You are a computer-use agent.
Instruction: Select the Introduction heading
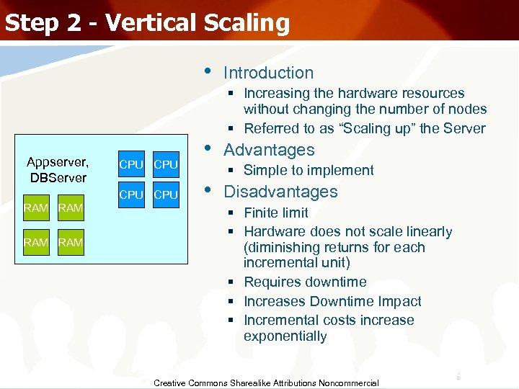(x=268, y=73)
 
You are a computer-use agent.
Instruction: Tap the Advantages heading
(x=269, y=150)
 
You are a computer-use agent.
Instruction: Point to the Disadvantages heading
(x=280, y=192)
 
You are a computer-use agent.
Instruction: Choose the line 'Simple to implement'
(x=309, y=171)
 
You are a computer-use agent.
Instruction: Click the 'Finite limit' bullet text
(x=275, y=213)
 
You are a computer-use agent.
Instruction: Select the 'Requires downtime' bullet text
(x=305, y=282)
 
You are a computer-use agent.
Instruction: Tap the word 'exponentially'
(x=285, y=336)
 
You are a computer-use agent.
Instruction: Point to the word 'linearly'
(x=427, y=231)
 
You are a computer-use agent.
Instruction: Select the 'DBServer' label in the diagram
(x=58, y=177)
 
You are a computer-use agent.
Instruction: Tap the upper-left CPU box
(x=131, y=164)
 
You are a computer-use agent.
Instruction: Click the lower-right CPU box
(x=166, y=195)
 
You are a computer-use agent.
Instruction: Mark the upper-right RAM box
(x=70, y=209)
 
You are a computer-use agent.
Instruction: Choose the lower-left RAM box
(x=35, y=243)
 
